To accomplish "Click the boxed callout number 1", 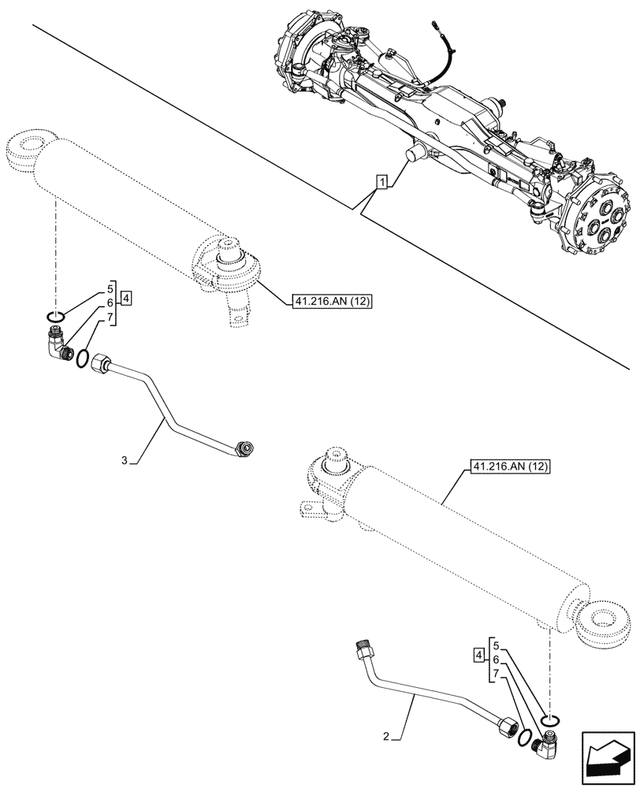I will tap(381, 183).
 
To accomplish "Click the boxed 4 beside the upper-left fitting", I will tap(127, 299).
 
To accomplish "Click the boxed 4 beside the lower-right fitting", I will tap(478, 655).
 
